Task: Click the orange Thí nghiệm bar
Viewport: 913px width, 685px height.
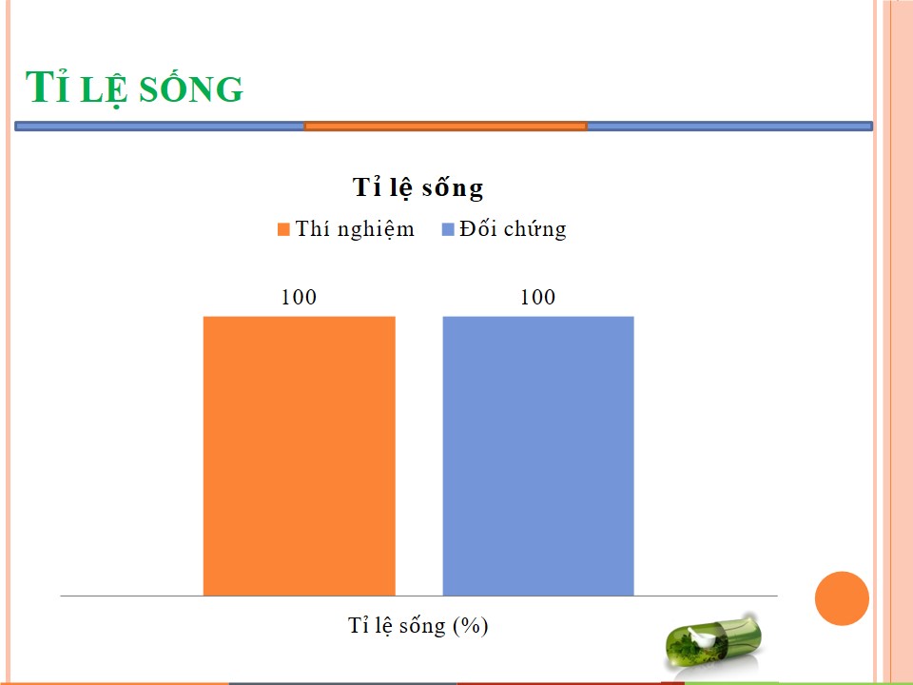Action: pyautogui.click(x=300, y=456)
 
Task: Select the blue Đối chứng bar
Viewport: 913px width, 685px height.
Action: pyautogui.click(x=538, y=456)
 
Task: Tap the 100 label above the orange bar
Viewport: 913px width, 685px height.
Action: pyautogui.click(x=299, y=297)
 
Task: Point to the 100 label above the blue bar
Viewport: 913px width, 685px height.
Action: pyautogui.click(x=537, y=297)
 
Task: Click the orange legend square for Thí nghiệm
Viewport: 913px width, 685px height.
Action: pyautogui.click(x=283, y=229)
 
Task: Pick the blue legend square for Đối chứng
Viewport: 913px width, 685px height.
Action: pyautogui.click(x=448, y=229)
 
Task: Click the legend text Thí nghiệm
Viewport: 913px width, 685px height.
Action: pyautogui.click(x=355, y=229)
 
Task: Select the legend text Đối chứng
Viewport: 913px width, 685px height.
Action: pyautogui.click(x=513, y=229)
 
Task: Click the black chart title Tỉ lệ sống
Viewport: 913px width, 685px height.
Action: pyautogui.click(x=418, y=187)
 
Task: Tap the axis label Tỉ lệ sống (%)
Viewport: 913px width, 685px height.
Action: pyautogui.click(x=418, y=626)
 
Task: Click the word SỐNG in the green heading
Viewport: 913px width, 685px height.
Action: pyautogui.click(x=191, y=89)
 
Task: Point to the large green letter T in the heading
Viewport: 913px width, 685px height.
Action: pyautogui.click(x=40, y=87)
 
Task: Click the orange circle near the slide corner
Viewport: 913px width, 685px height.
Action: pyautogui.click(x=842, y=598)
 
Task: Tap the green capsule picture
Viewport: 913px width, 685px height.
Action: pyautogui.click(x=712, y=643)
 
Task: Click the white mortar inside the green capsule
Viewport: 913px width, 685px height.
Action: pyautogui.click(x=702, y=637)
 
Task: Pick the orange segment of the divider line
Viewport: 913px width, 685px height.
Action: pyautogui.click(x=445, y=126)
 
